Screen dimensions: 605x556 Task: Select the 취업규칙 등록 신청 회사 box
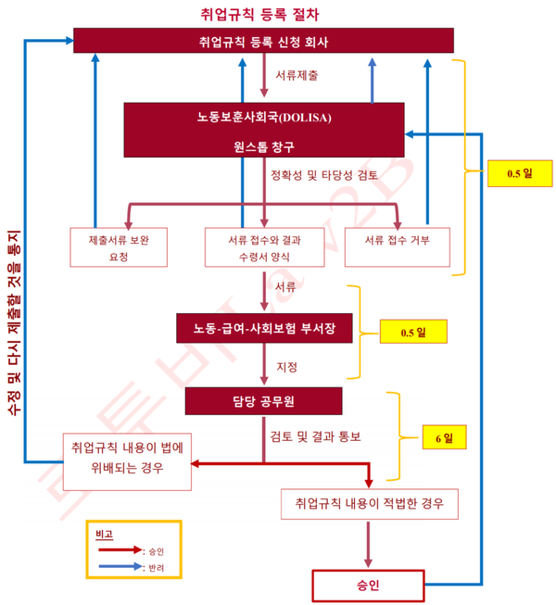tap(263, 41)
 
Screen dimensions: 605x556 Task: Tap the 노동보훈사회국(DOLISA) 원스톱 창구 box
tap(264, 130)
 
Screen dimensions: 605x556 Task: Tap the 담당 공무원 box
tap(263, 400)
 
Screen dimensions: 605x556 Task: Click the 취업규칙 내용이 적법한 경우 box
tap(369, 504)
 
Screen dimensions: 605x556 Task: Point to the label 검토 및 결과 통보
tap(314, 435)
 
